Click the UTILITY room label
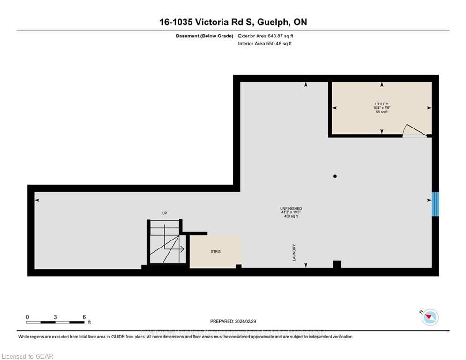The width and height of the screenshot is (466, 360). tap(382, 104)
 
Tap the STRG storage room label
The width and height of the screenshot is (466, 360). tap(215, 252)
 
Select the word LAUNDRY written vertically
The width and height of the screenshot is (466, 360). tap(294, 252)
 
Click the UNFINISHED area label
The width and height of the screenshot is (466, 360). tap(290, 208)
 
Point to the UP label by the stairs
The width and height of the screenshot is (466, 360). tap(164, 213)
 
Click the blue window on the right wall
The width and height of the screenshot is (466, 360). tap(435, 204)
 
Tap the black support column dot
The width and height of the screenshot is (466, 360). tap(335, 176)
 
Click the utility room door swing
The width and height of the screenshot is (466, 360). tap(414, 131)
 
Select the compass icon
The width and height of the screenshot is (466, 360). tap(429, 317)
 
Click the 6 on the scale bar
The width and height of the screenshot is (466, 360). tap(84, 317)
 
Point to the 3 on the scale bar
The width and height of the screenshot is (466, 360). tap(55, 317)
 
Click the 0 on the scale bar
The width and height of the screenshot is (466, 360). tap(27, 317)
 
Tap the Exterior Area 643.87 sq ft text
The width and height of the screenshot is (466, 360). tap(266, 36)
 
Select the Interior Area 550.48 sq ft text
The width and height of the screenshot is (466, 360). tap(265, 44)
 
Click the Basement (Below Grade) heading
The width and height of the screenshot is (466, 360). tap(204, 36)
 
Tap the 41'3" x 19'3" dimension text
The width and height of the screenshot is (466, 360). tap(290, 212)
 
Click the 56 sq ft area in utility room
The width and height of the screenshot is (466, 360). tap(382, 112)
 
